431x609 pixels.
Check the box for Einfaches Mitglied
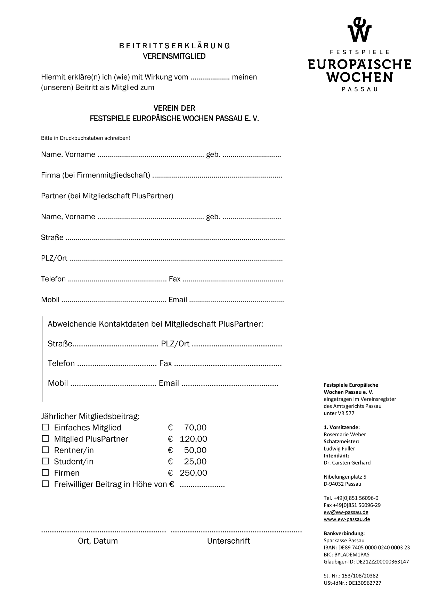pos(45,427)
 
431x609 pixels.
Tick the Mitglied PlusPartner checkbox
pos(45,438)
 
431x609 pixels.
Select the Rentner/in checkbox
pos(45,450)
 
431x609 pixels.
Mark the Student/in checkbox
pos(45,461)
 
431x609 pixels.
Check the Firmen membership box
pos(45,472)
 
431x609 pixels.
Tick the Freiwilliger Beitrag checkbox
pos(45,484)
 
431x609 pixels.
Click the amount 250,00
pos(193,473)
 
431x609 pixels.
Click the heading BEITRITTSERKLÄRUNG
pos(174,46)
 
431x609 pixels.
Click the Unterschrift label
pos(228,541)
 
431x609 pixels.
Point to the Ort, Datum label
pos(98,541)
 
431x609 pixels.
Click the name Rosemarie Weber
pos(344,434)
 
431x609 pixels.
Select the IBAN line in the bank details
pos(366,548)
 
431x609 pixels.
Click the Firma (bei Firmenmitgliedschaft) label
pos(96,175)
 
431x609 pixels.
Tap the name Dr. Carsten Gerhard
pos(347,463)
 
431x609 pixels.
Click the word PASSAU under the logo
pos(359,89)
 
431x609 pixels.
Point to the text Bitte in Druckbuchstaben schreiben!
pos(86,138)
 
